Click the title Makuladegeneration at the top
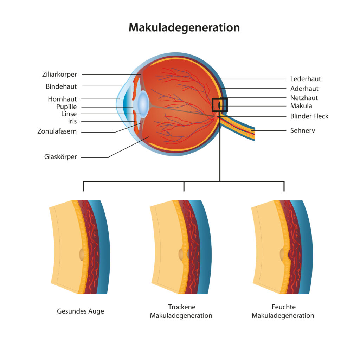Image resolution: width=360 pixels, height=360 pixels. pos(184,27)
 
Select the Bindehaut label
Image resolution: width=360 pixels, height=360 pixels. pos(61,86)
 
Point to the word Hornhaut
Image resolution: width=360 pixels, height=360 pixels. pos(62,99)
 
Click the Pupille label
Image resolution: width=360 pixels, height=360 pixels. pos(66,107)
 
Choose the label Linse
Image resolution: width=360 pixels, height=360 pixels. pos(69,114)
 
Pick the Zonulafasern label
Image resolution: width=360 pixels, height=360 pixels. pos(57,131)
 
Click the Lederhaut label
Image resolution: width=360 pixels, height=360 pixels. pos(306,79)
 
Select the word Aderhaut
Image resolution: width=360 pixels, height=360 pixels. pos(304,89)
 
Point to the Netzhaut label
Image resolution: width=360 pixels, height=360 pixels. pos(304,98)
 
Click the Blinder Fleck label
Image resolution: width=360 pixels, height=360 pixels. pos(309,116)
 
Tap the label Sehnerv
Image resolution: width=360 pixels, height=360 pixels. pos(303,130)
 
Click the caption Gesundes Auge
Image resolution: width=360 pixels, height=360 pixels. pos(81,311)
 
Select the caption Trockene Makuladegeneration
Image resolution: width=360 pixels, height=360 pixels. pos(181,311)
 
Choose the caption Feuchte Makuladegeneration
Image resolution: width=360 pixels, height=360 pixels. pos(283,311)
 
